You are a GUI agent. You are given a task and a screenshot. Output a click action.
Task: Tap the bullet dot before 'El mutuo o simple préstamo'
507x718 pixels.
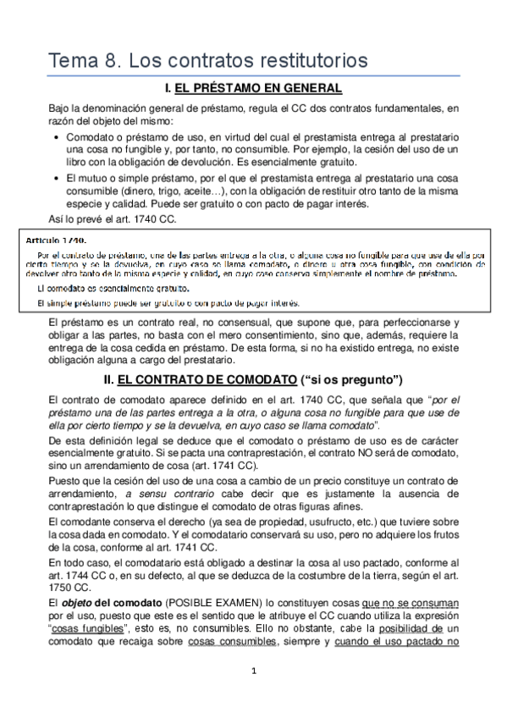coord(55,178)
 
